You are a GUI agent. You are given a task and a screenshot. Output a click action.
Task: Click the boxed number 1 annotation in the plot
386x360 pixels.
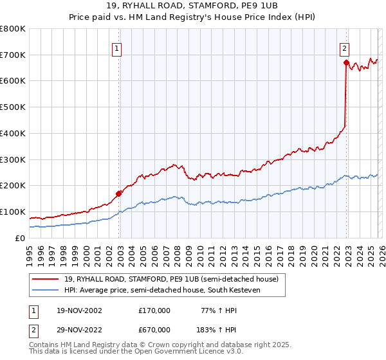coord(116,47)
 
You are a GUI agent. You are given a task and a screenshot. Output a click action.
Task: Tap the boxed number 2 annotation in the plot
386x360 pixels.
coord(344,47)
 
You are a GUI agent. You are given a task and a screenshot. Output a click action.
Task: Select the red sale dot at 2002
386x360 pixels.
coord(119,193)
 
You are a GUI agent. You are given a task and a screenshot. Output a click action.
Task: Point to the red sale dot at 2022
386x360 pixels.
coord(346,62)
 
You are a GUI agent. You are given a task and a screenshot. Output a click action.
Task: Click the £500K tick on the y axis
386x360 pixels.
coord(13,107)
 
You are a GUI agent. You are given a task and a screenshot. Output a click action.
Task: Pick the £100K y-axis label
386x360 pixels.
coord(13,212)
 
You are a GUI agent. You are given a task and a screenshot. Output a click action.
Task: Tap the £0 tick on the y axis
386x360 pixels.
coord(19,238)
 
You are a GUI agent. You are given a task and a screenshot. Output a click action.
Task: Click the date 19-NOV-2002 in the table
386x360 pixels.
coord(79,310)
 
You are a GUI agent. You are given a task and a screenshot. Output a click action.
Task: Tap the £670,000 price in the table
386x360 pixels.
coord(154,329)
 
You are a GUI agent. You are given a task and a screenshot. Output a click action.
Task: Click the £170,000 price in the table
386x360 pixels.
coord(154,310)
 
